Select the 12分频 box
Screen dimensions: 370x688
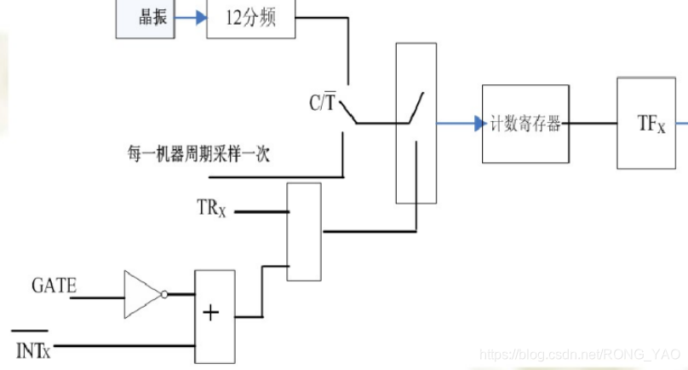251,19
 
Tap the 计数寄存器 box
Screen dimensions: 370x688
525,124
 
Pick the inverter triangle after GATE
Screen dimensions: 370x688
140,295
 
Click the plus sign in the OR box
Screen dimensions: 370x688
211,313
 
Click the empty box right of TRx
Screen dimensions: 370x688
304,231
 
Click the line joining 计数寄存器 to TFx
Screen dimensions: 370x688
593,124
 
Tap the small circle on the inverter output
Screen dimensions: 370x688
164,295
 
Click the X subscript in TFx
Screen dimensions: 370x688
660,129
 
